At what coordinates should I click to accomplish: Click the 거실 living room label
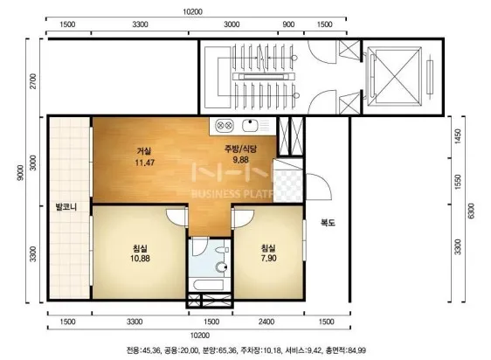tap(144, 151)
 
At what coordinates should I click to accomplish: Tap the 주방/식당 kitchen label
tap(240, 149)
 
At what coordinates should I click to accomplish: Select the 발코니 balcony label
tap(66, 207)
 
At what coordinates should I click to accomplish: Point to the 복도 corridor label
tap(328, 223)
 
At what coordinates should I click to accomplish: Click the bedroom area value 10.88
tap(140, 259)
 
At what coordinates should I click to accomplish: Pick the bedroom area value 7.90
tap(269, 259)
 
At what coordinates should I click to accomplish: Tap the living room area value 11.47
tap(145, 163)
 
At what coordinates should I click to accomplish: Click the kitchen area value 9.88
tap(240, 160)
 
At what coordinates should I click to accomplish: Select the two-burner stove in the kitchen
tap(225, 126)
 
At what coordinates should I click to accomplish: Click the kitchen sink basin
tap(250, 126)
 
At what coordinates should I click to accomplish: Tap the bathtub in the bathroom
tap(209, 285)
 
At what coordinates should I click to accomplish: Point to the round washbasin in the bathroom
tap(221, 267)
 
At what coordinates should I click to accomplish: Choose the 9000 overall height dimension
tap(20, 173)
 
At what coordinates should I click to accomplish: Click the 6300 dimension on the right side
tap(472, 211)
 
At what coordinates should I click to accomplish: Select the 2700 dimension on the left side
tap(32, 81)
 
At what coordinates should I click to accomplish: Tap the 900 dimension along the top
tap(288, 24)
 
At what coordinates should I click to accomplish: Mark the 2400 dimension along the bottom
tap(266, 322)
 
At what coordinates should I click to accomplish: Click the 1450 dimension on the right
tap(458, 136)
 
